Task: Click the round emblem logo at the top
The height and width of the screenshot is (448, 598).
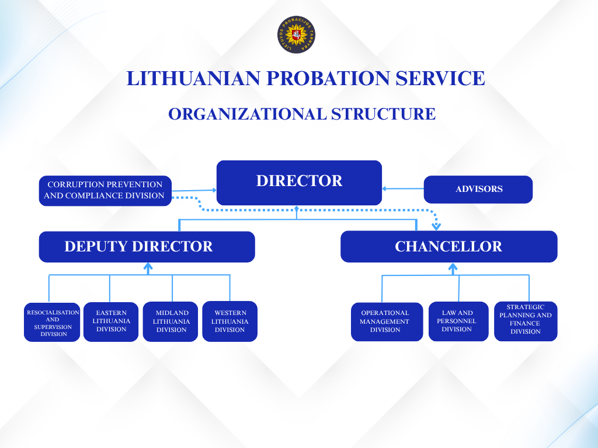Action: point(296,34)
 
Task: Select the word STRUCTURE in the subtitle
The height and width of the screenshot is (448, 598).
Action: point(383,114)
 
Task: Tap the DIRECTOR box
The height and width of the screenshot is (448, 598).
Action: point(299,183)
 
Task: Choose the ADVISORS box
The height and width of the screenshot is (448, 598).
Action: point(478,190)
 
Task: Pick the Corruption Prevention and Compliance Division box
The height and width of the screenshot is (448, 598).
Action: point(105,191)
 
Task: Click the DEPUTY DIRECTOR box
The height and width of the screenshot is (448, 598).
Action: point(147,247)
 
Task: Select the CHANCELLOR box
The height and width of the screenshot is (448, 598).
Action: point(449,247)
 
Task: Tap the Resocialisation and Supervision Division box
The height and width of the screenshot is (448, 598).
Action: point(52,322)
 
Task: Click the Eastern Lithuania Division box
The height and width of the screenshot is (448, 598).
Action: point(111,322)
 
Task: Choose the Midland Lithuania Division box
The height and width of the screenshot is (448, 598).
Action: point(171,322)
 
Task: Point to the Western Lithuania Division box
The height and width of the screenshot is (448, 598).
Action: point(230,321)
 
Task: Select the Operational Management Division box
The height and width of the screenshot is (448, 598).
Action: point(387,322)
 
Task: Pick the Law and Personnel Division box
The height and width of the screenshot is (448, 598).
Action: point(458,321)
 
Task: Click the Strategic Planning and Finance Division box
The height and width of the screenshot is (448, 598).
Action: point(526,321)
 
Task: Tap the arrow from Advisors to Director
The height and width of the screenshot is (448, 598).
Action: point(403,188)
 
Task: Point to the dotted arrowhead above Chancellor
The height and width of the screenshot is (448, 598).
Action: point(436,226)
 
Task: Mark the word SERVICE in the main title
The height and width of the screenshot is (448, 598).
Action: point(440,78)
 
